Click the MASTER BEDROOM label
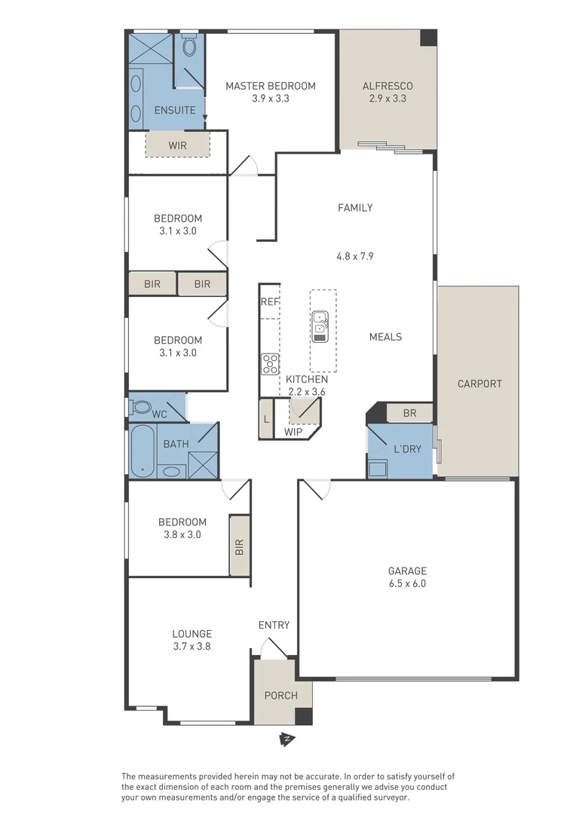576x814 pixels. pos(270,86)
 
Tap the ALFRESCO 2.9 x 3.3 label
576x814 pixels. pos(388,86)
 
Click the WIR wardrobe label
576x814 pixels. pos(177,145)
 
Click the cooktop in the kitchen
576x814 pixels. pos(270,364)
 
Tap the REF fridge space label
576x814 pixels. pos(270,301)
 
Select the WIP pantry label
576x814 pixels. pos(293,433)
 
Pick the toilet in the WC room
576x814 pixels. pos(140,408)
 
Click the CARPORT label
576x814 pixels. pos(479,384)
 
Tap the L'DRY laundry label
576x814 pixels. pos(407,449)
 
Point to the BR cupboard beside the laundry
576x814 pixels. pos(409,414)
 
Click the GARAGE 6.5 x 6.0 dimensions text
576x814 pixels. pos(407,583)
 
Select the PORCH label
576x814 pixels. pos(280,695)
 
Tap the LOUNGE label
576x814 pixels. pos(191,634)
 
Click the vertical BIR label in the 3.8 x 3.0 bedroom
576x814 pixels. pos(240,546)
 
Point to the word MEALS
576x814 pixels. pos(385,337)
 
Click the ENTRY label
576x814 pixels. pos(274,625)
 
